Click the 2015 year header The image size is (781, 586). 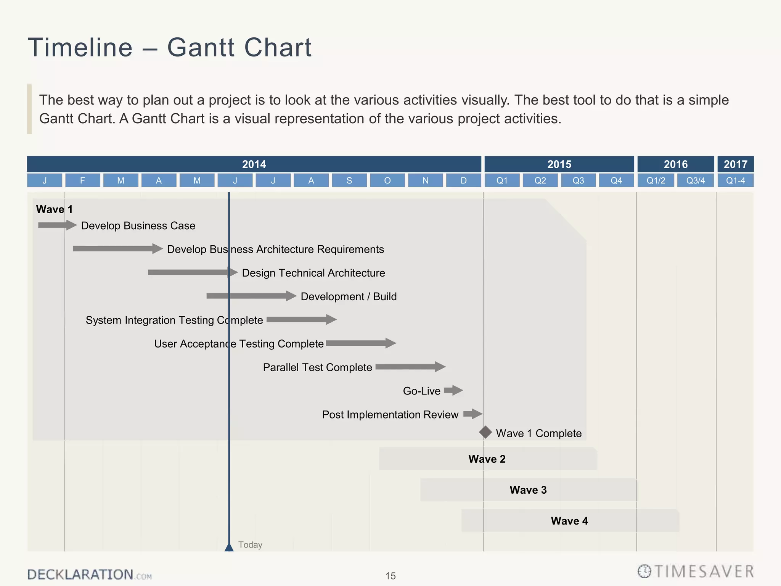(559, 164)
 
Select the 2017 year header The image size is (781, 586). (735, 164)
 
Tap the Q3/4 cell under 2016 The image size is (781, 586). (695, 180)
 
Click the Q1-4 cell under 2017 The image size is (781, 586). (735, 180)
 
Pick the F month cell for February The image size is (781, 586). (82, 180)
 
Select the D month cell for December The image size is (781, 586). (463, 180)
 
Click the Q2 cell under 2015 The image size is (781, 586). (540, 180)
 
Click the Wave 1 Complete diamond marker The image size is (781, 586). (485, 432)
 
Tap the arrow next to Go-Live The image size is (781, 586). (453, 390)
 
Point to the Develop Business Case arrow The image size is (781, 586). (57, 225)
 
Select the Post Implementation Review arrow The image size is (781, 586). (473, 414)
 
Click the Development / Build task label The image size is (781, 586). (349, 296)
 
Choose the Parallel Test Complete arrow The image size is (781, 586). (410, 367)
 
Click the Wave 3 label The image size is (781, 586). (528, 490)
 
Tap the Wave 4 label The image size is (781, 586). (569, 521)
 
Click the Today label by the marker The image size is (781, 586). (250, 545)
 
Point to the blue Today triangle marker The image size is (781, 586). (229, 547)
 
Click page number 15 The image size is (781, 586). (390, 576)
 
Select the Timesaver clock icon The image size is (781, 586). (644, 572)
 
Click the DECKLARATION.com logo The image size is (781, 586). (90, 575)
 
